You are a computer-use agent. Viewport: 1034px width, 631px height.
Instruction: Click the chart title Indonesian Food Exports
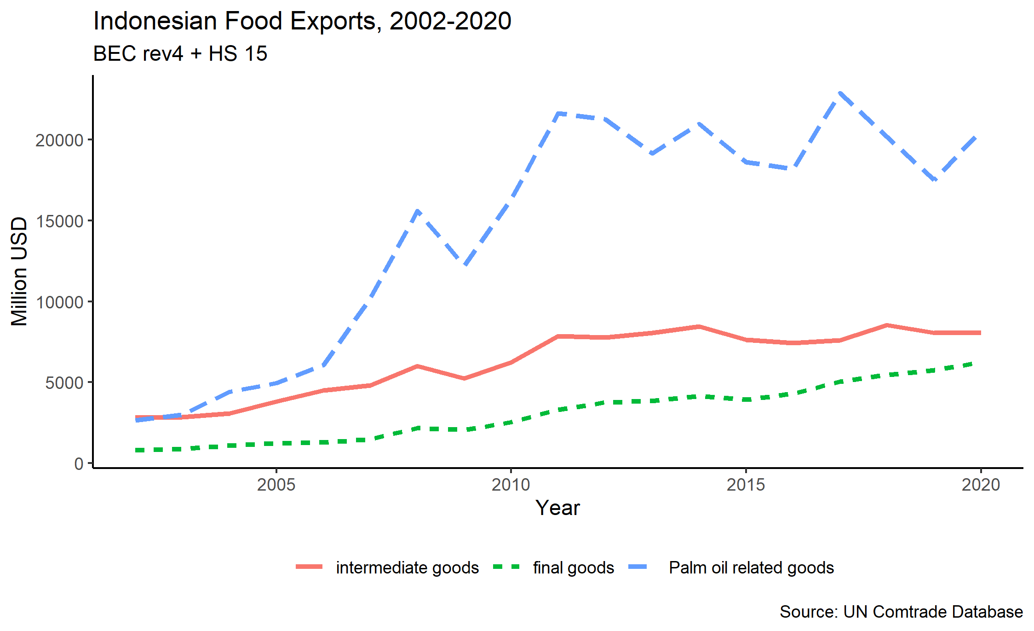tap(302, 21)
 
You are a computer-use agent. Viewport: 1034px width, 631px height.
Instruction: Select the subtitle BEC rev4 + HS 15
tap(180, 54)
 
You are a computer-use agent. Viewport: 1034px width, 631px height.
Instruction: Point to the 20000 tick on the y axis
tap(59, 140)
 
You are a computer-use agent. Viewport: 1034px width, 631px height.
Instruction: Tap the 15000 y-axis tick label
tap(59, 221)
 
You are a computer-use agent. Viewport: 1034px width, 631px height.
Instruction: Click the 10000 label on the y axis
tap(59, 302)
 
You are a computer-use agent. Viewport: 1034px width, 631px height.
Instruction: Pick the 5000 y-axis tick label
tap(64, 382)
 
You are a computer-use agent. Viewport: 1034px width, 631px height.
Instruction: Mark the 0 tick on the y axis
tap(79, 463)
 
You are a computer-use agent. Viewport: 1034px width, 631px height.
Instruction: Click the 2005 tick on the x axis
tap(276, 485)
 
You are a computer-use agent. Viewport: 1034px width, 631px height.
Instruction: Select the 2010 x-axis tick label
tap(511, 485)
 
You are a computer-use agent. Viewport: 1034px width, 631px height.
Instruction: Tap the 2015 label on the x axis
tap(746, 485)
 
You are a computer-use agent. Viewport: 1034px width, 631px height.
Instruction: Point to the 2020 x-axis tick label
tap(981, 485)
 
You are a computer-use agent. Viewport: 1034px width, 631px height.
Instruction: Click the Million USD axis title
tap(19, 272)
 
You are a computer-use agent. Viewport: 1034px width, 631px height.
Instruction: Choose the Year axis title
tap(557, 508)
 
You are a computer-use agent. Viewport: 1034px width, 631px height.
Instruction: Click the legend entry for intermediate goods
tap(407, 568)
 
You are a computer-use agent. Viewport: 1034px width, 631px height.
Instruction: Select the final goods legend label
tap(573, 568)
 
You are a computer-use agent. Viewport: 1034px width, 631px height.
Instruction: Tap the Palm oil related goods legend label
tap(751, 568)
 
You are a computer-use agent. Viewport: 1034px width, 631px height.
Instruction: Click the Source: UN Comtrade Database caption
tap(901, 612)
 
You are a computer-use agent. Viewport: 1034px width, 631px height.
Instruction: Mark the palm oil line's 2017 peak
tap(840, 93)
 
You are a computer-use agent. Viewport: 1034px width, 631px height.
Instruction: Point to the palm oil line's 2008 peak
tap(417, 211)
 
